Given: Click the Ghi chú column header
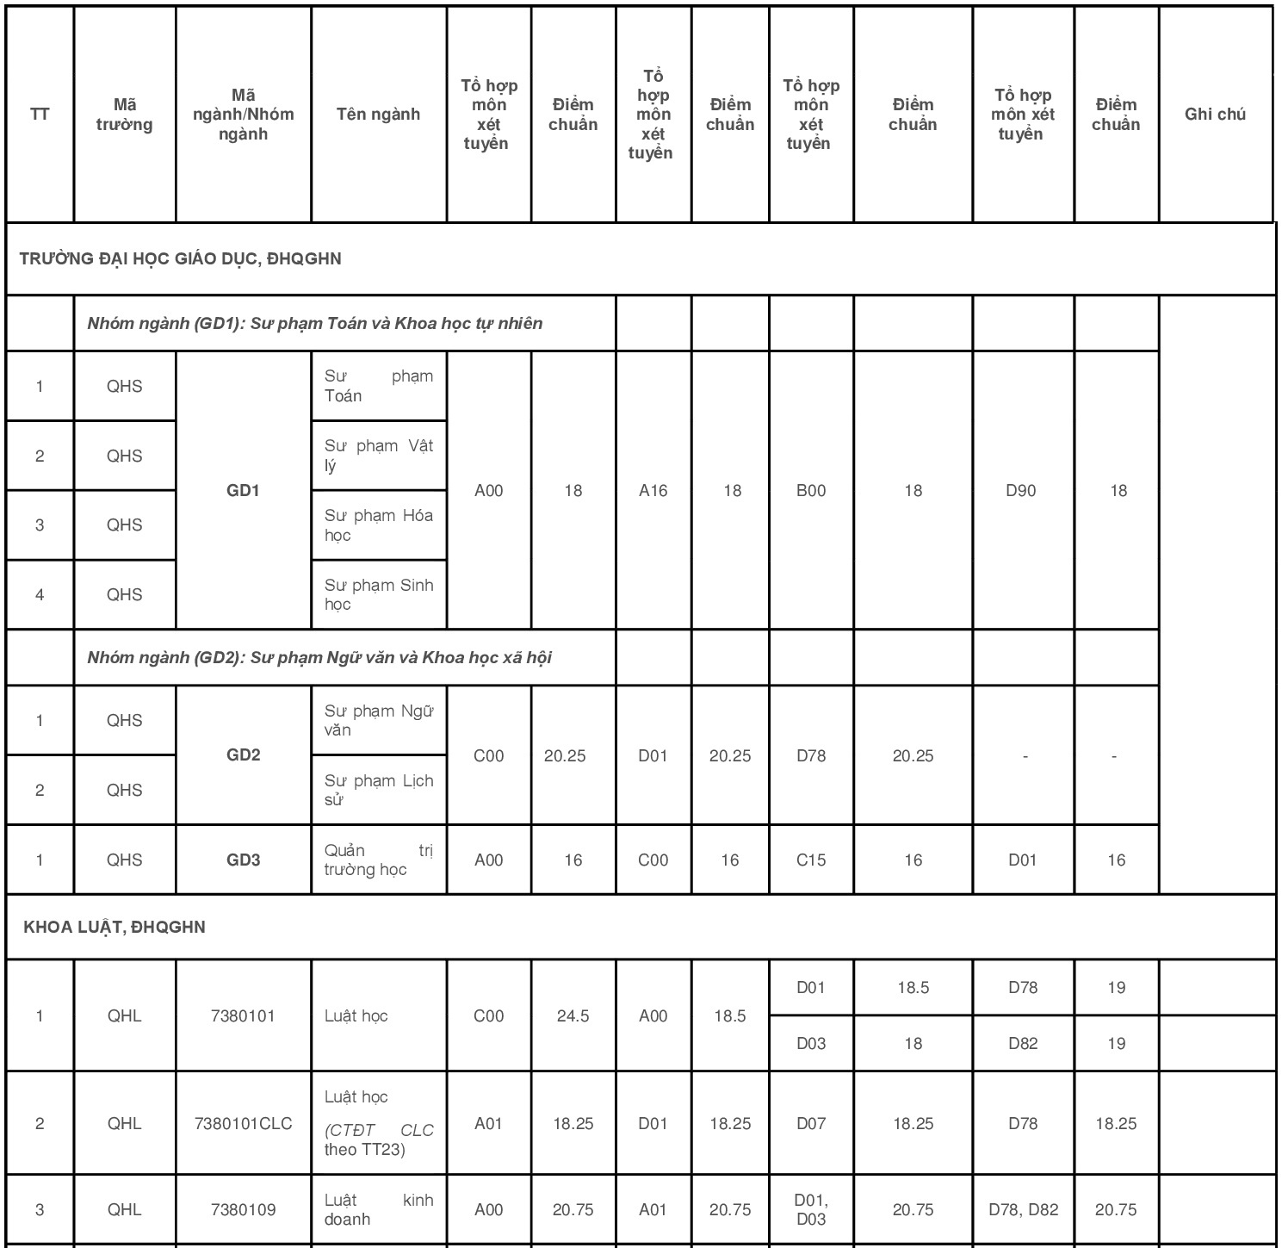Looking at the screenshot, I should (x=1215, y=115).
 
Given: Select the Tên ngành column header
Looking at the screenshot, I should (x=378, y=115).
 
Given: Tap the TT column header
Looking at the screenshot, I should (x=40, y=115).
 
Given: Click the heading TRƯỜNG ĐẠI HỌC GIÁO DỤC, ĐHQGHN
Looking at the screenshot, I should (x=181, y=258).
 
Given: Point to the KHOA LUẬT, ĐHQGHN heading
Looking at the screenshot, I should (x=115, y=927).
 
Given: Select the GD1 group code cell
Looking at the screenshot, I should (x=243, y=490).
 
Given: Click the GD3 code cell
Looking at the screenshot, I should (x=243, y=860).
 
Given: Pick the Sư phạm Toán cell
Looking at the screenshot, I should (x=378, y=386).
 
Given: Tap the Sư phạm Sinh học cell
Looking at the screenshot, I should (x=378, y=594).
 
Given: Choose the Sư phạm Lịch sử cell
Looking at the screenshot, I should (x=378, y=790).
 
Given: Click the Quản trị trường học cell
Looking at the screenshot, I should (x=378, y=860).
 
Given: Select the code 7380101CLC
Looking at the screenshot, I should (x=243, y=1123).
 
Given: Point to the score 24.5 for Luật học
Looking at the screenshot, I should (x=573, y=1015).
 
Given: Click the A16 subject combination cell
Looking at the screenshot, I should (x=653, y=490).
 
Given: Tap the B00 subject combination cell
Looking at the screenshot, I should (x=810, y=490).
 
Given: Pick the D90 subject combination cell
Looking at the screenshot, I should (x=1021, y=490).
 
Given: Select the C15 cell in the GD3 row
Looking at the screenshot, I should (x=810, y=860).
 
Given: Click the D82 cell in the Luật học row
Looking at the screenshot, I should (x=1023, y=1043).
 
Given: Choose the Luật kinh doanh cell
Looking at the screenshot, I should (x=378, y=1209).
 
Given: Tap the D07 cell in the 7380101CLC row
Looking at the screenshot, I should (x=810, y=1123).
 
